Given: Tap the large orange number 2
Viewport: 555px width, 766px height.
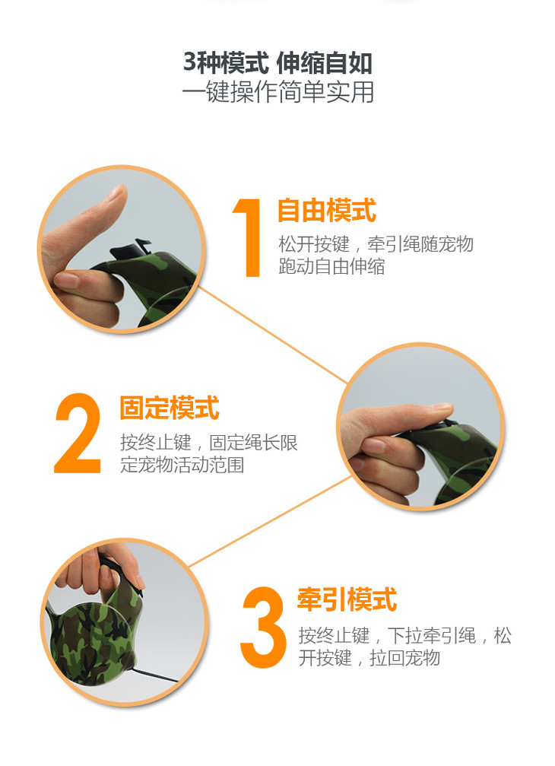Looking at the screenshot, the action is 78,433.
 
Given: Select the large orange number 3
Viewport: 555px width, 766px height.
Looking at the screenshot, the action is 263,628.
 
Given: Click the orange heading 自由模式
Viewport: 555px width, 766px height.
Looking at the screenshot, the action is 327,211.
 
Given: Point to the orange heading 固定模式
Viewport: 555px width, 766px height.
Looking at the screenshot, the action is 170,408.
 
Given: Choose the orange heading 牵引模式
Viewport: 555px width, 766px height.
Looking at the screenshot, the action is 347,599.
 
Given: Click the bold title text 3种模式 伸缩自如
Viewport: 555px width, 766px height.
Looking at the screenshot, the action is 277,62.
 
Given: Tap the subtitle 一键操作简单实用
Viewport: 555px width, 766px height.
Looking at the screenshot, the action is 277,92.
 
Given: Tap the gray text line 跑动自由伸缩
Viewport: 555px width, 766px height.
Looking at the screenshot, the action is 331,266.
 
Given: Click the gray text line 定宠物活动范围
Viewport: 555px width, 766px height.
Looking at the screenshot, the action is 182,465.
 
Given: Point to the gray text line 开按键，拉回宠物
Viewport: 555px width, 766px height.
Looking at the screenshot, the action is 369,658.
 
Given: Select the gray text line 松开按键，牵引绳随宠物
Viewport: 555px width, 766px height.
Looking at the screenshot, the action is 376,243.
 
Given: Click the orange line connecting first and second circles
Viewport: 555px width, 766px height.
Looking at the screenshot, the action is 272,335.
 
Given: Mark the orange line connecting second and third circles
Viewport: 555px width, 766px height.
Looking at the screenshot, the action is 269,522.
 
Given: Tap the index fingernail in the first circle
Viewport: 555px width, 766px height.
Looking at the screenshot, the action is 66,280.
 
